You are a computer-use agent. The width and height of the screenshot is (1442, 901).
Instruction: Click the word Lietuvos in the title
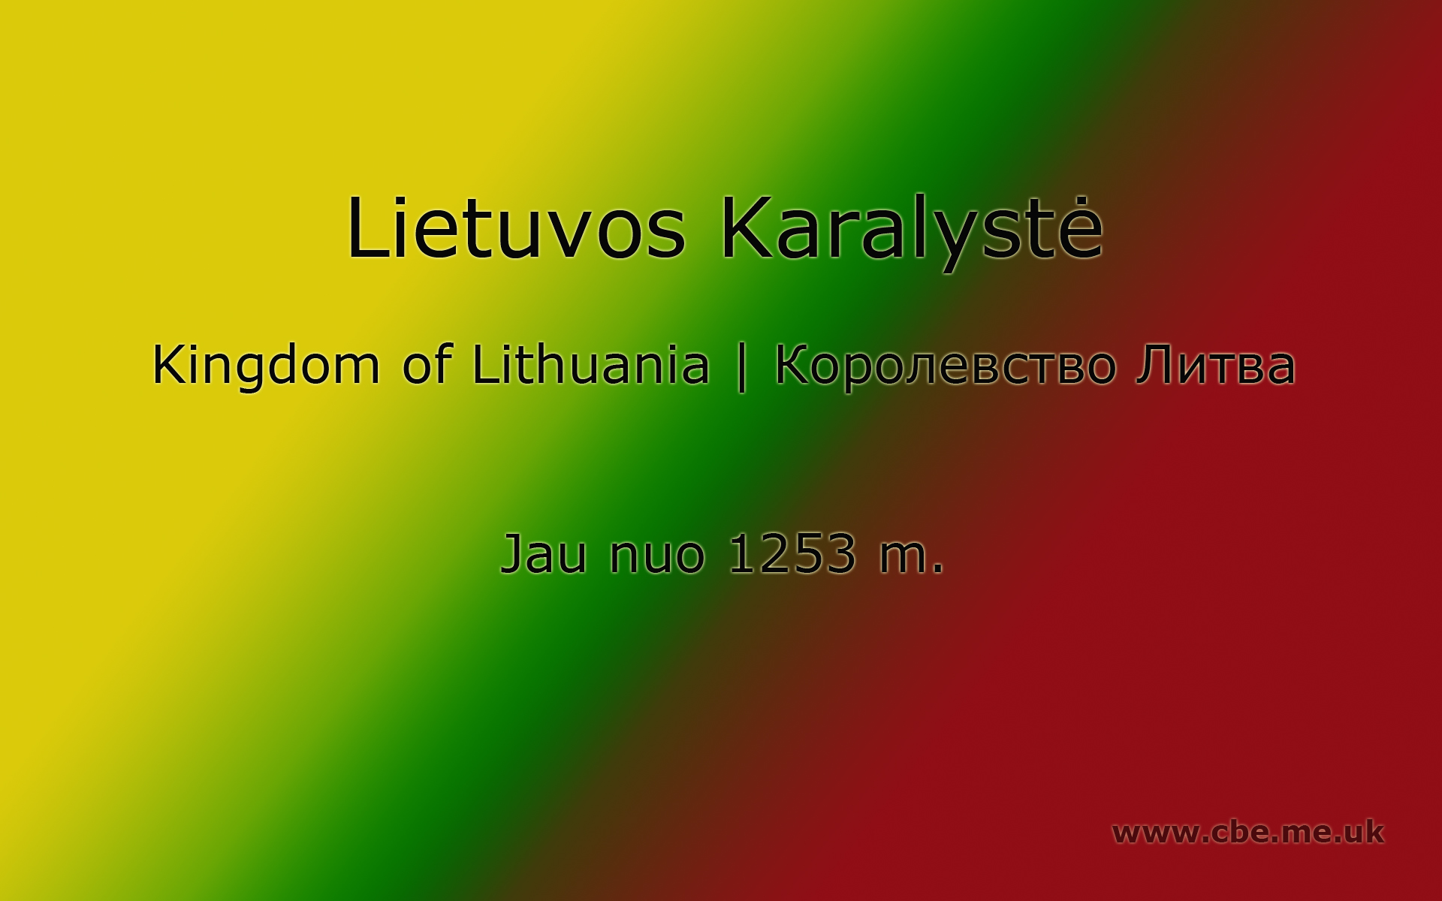tap(517, 228)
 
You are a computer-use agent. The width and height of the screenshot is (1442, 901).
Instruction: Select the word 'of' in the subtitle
tap(426, 364)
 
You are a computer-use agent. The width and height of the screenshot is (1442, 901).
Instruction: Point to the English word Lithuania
tap(590, 364)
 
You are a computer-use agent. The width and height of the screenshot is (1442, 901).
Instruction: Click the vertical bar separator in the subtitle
tap(742, 368)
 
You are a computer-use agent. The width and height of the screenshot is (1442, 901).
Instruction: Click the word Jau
tap(543, 554)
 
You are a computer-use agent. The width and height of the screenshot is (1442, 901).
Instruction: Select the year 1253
tap(792, 554)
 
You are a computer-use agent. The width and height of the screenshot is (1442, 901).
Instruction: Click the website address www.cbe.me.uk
tap(1247, 832)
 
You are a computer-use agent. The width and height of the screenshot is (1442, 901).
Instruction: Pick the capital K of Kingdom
tap(169, 364)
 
